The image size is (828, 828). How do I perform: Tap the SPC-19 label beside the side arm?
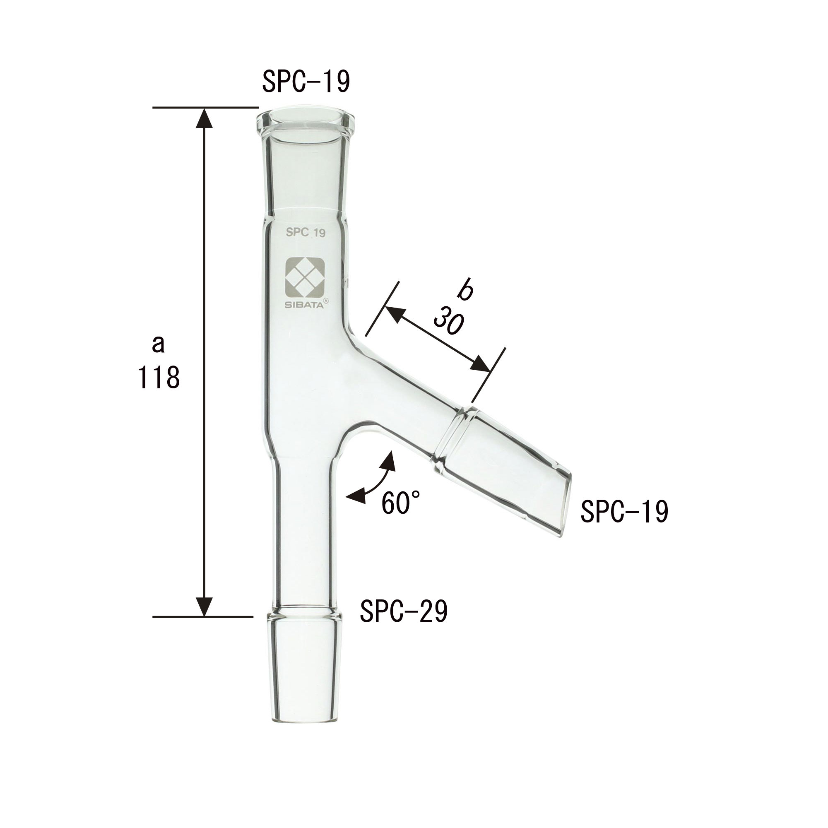pos(624,511)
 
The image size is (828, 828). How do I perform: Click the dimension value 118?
pos(159,377)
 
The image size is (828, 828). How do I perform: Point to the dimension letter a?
pos(159,344)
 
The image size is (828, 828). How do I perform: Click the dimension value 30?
pos(448,320)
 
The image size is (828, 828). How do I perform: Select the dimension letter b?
pos(465,290)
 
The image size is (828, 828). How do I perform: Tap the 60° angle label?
pos(401,502)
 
